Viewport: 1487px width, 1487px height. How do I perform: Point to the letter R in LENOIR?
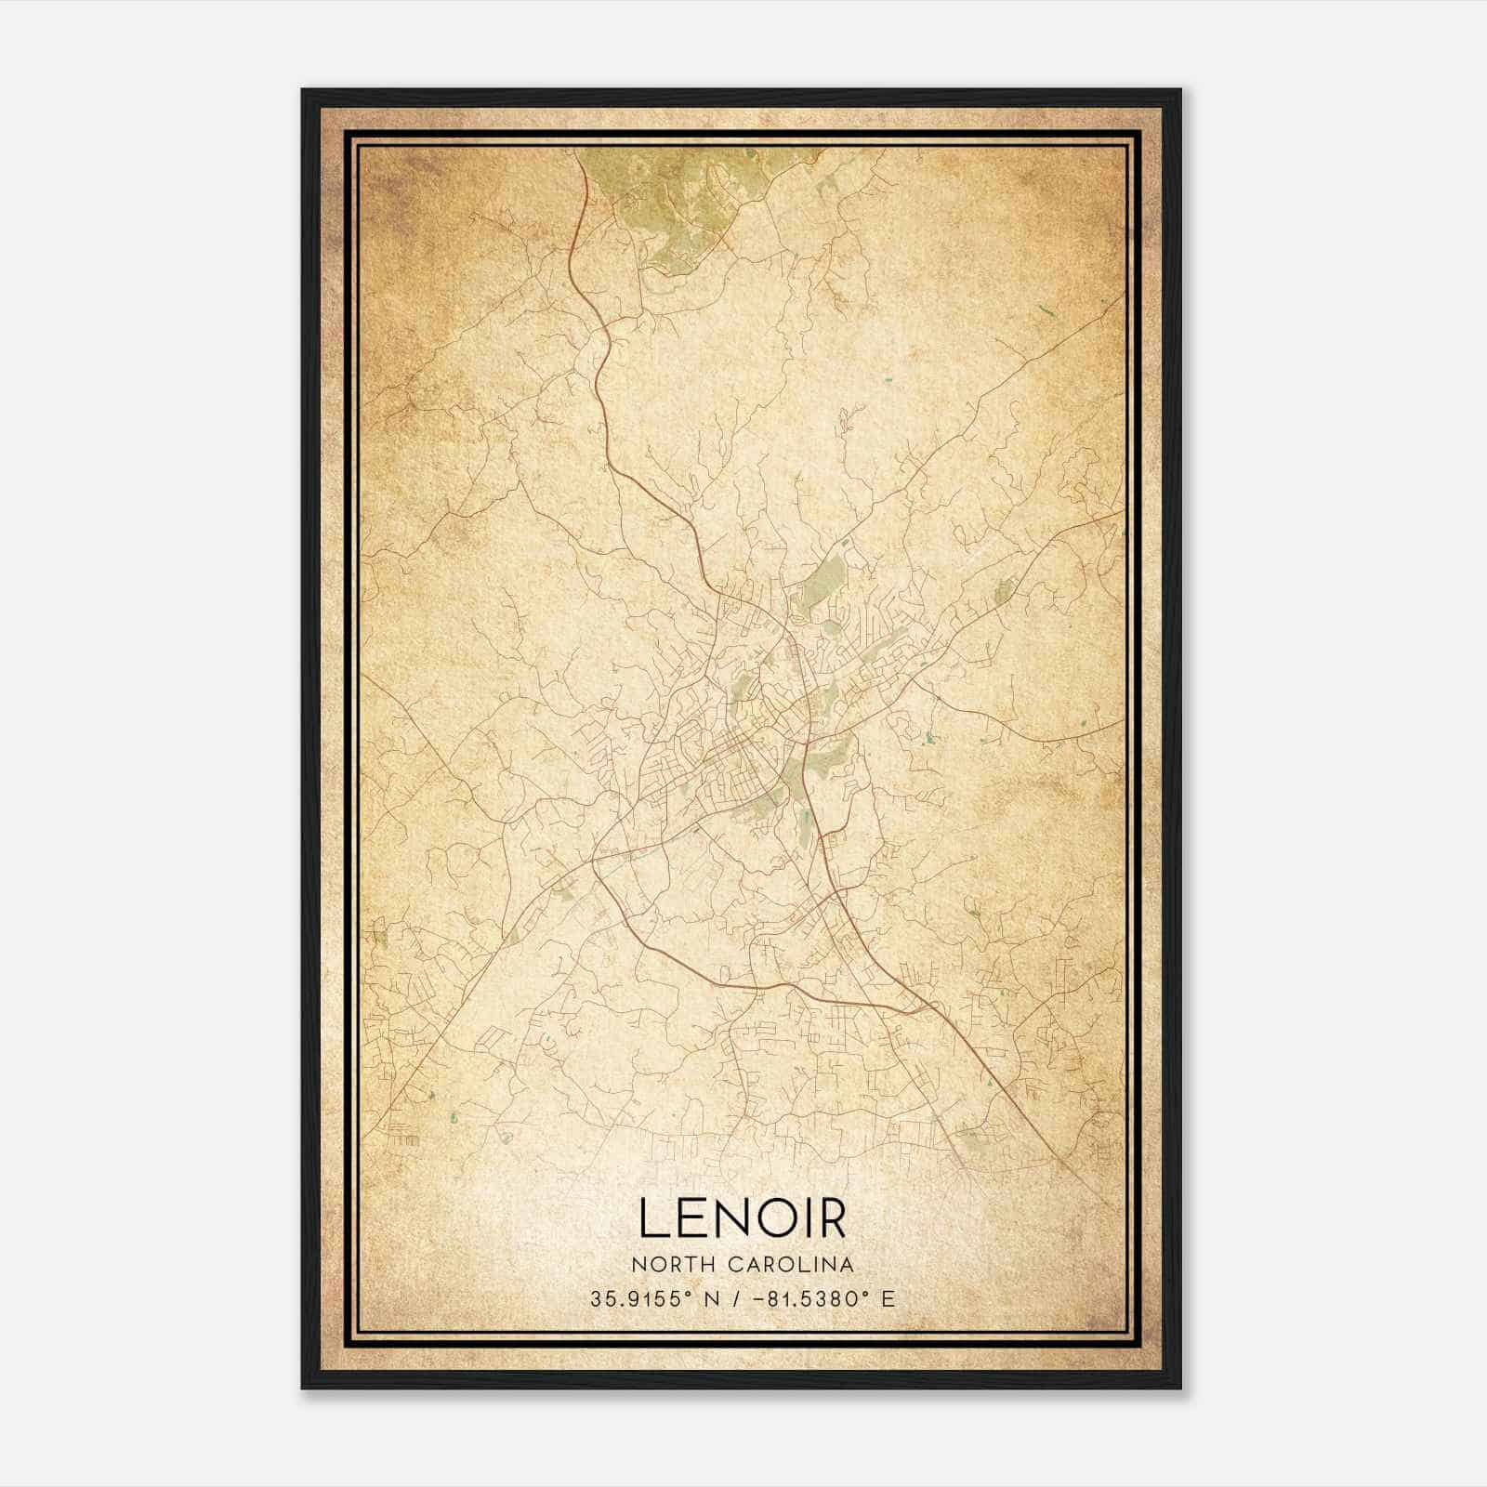click(831, 1220)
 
